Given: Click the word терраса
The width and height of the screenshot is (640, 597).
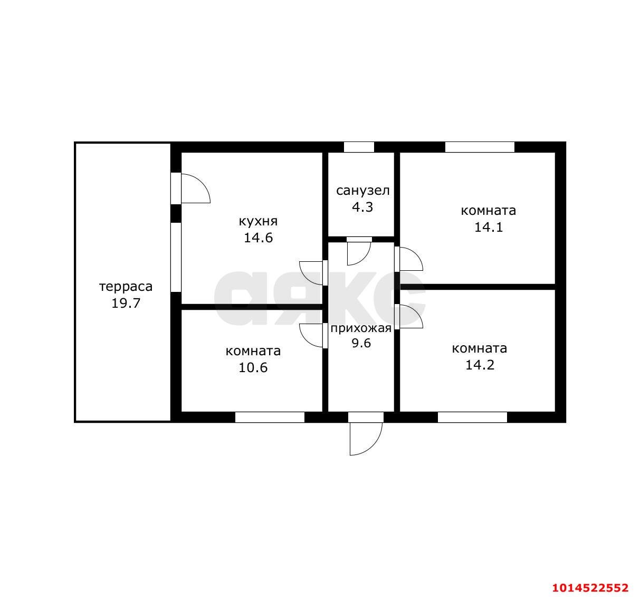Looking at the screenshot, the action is pyautogui.click(x=126, y=287).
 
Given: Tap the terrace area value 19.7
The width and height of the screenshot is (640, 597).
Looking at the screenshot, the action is pyautogui.click(x=126, y=303).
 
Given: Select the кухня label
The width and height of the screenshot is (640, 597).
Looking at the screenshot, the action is pyautogui.click(x=258, y=221).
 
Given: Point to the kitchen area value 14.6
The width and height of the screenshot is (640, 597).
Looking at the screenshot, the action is pyautogui.click(x=258, y=238).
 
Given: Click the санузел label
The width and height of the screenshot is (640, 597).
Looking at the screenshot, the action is pyautogui.click(x=363, y=191).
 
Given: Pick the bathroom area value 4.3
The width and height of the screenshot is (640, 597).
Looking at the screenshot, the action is pyautogui.click(x=362, y=207).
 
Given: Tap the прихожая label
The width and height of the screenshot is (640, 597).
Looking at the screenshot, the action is pyautogui.click(x=361, y=328).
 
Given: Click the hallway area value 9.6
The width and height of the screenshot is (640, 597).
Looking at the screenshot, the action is pyautogui.click(x=361, y=343).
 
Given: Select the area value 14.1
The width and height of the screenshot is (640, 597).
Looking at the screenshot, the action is pyautogui.click(x=488, y=228).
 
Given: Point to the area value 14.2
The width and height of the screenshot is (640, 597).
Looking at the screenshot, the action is pyautogui.click(x=480, y=365).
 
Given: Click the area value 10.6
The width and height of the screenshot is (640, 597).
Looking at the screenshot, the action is pyautogui.click(x=253, y=368).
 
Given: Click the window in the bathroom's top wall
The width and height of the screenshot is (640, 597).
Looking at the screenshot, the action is pyautogui.click(x=359, y=147).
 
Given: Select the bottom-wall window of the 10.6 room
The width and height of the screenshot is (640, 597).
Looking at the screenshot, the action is pyautogui.click(x=270, y=417).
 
